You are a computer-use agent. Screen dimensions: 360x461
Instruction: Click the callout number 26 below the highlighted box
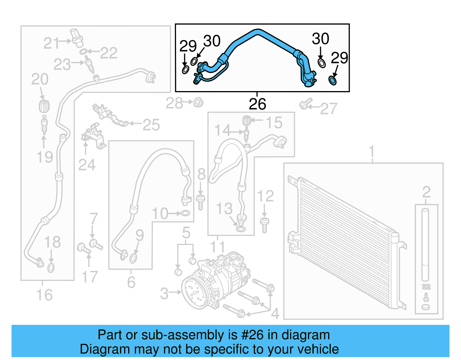click(257, 104)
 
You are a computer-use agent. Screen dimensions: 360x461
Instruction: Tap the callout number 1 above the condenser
click(372, 151)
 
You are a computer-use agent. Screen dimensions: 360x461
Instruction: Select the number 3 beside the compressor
click(164, 293)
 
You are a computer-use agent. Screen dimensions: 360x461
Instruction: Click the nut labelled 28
click(198, 102)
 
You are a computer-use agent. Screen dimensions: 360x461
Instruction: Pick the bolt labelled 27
click(305, 104)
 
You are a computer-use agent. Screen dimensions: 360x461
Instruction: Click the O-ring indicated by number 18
click(51, 268)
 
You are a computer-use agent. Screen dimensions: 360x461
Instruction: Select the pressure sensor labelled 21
click(77, 37)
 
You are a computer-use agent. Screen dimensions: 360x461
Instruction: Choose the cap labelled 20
click(44, 106)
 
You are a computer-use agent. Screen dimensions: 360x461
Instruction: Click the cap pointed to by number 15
click(246, 120)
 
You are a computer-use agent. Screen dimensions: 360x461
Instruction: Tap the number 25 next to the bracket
click(151, 125)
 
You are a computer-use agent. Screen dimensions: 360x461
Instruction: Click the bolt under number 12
click(264, 225)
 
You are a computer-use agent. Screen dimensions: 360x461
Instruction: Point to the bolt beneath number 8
click(201, 202)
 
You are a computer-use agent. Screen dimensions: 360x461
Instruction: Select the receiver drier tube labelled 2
click(425, 245)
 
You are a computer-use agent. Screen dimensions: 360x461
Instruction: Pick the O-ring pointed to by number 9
click(133, 259)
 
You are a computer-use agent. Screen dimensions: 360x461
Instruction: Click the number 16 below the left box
click(44, 295)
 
